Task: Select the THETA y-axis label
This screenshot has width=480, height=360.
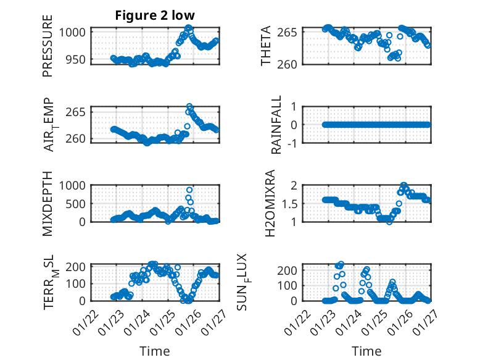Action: (x=266, y=46)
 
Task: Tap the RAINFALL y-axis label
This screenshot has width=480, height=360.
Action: (x=277, y=125)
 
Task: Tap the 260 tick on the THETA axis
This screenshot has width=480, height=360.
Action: (x=292, y=64)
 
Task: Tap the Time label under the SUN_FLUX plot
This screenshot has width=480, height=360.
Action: (x=366, y=351)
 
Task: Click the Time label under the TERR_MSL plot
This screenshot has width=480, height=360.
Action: (x=154, y=351)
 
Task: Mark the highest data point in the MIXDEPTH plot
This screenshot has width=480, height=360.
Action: (x=189, y=190)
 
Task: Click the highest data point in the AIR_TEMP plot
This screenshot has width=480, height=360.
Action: (x=189, y=107)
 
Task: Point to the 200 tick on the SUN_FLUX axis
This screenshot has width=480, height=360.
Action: (x=292, y=270)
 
